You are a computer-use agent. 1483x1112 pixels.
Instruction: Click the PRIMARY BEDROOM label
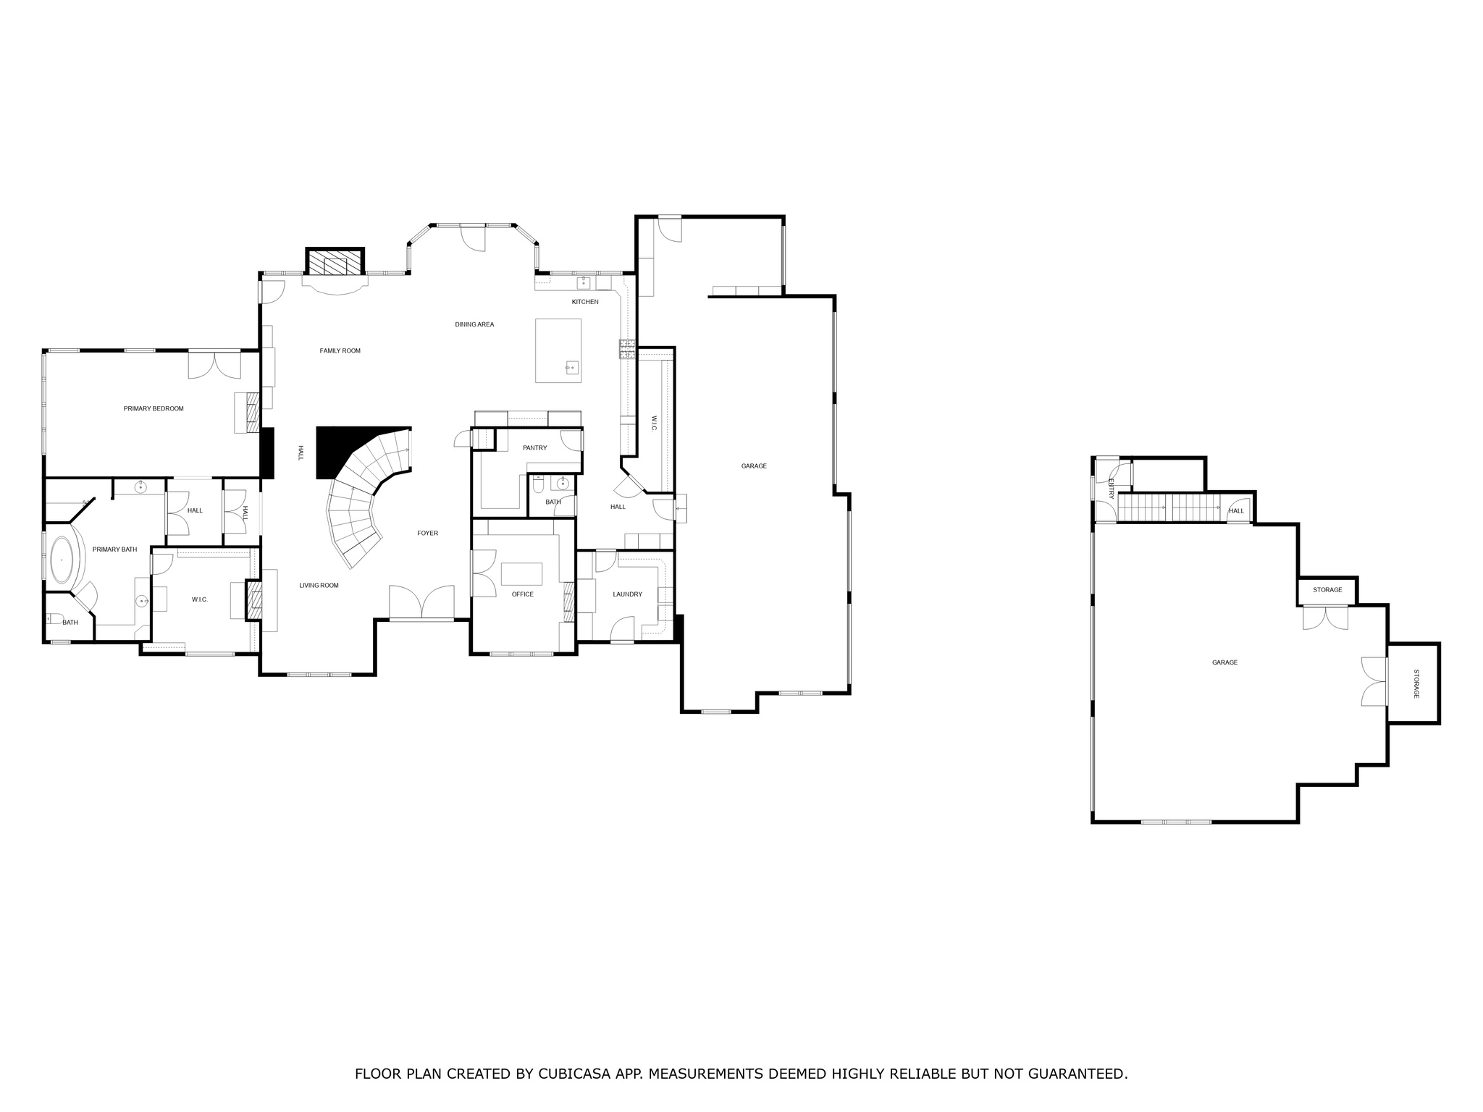154,408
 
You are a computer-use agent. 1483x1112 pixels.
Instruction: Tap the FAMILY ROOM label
340,351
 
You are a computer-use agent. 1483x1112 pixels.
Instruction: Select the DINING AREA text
474,324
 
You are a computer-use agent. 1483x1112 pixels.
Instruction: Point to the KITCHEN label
585,302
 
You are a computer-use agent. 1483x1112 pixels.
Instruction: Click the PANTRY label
534,448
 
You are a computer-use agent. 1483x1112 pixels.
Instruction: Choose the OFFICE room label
522,594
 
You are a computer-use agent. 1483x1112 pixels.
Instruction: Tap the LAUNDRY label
627,594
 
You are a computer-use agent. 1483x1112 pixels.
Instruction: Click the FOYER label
427,534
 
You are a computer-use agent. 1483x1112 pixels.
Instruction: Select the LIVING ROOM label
319,586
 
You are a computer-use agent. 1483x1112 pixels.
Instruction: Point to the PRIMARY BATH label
114,549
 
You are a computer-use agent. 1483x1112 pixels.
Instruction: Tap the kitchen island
558,350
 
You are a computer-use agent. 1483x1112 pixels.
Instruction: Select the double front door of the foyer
421,602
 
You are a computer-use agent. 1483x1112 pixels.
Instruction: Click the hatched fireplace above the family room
334,263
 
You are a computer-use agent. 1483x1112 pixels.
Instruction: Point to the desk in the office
521,573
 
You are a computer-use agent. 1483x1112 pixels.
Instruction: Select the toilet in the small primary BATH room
52,619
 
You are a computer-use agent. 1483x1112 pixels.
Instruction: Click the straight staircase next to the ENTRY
1169,507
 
